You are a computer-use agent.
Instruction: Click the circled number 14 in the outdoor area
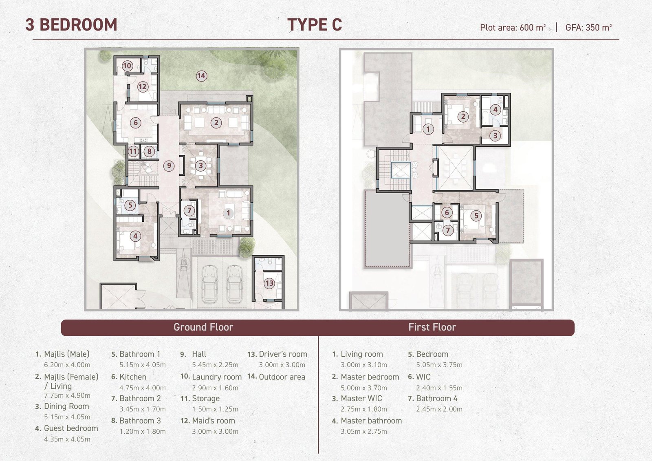point(201,76)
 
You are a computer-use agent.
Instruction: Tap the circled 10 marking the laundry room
point(127,66)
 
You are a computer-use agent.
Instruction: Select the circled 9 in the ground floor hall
point(169,166)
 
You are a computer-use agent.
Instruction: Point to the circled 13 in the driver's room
point(269,283)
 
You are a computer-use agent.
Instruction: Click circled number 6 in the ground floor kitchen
point(136,123)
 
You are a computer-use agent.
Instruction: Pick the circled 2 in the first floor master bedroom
point(463,117)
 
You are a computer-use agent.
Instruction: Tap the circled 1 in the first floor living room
point(428,129)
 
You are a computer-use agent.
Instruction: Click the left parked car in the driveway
point(209,284)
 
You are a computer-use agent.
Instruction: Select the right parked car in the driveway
point(235,284)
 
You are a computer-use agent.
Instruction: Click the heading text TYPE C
point(315,24)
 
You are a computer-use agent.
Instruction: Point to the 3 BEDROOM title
point(71,24)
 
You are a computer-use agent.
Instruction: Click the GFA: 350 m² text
point(588,27)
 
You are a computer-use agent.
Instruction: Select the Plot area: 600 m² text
point(513,27)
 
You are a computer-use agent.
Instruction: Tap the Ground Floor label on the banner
point(203,327)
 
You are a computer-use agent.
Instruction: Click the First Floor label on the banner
point(432,327)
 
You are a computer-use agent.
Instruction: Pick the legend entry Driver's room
point(283,354)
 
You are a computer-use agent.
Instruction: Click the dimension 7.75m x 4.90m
point(67,395)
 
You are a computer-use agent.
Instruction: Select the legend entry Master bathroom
point(371,421)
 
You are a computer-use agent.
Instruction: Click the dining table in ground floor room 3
point(200,166)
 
